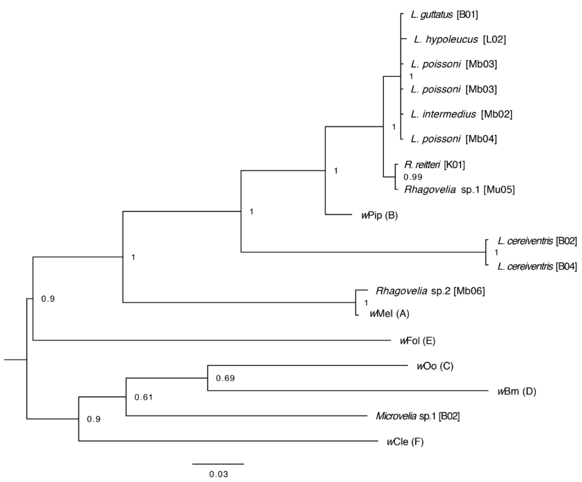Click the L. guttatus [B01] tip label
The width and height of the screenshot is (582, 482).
click(x=444, y=15)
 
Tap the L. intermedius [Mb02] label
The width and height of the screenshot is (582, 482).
click(x=461, y=114)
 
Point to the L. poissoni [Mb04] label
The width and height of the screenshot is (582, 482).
click(x=454, y=139)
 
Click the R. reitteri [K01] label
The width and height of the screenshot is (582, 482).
click(x=434, y=165)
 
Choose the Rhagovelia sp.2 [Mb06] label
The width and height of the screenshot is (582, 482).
click(x=430, y=291)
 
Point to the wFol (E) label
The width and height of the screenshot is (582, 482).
click(x=417, y=341)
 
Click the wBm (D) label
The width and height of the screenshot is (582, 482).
click(x=517, y=392)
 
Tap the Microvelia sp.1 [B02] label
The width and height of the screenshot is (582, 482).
click(x=417, y=416)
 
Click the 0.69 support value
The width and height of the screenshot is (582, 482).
click(x=225, y=378)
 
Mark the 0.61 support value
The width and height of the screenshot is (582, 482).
click(x=144, y=397)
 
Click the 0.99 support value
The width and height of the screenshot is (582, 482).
click(x=413, y=177)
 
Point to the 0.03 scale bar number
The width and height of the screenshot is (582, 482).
click(x=218, y=474)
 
